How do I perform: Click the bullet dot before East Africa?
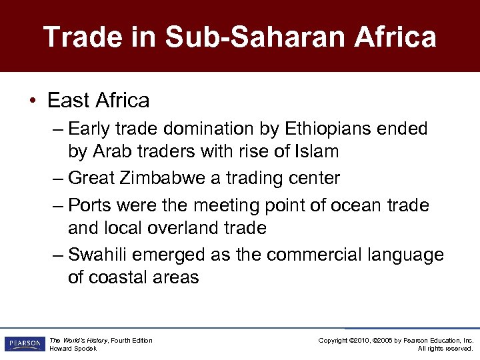(33, 101)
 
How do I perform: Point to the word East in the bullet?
(69, 101)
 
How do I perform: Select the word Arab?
(110, 151)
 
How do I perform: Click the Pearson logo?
(24, 344)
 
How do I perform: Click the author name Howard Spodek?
(73, 349)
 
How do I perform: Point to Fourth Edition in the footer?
(131, 341)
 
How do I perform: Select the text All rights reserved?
(445, 349)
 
